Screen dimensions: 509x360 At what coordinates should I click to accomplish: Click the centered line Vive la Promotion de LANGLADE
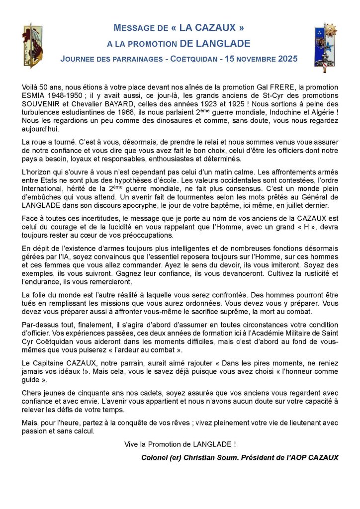pyautogui.click(x=180, y=444)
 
